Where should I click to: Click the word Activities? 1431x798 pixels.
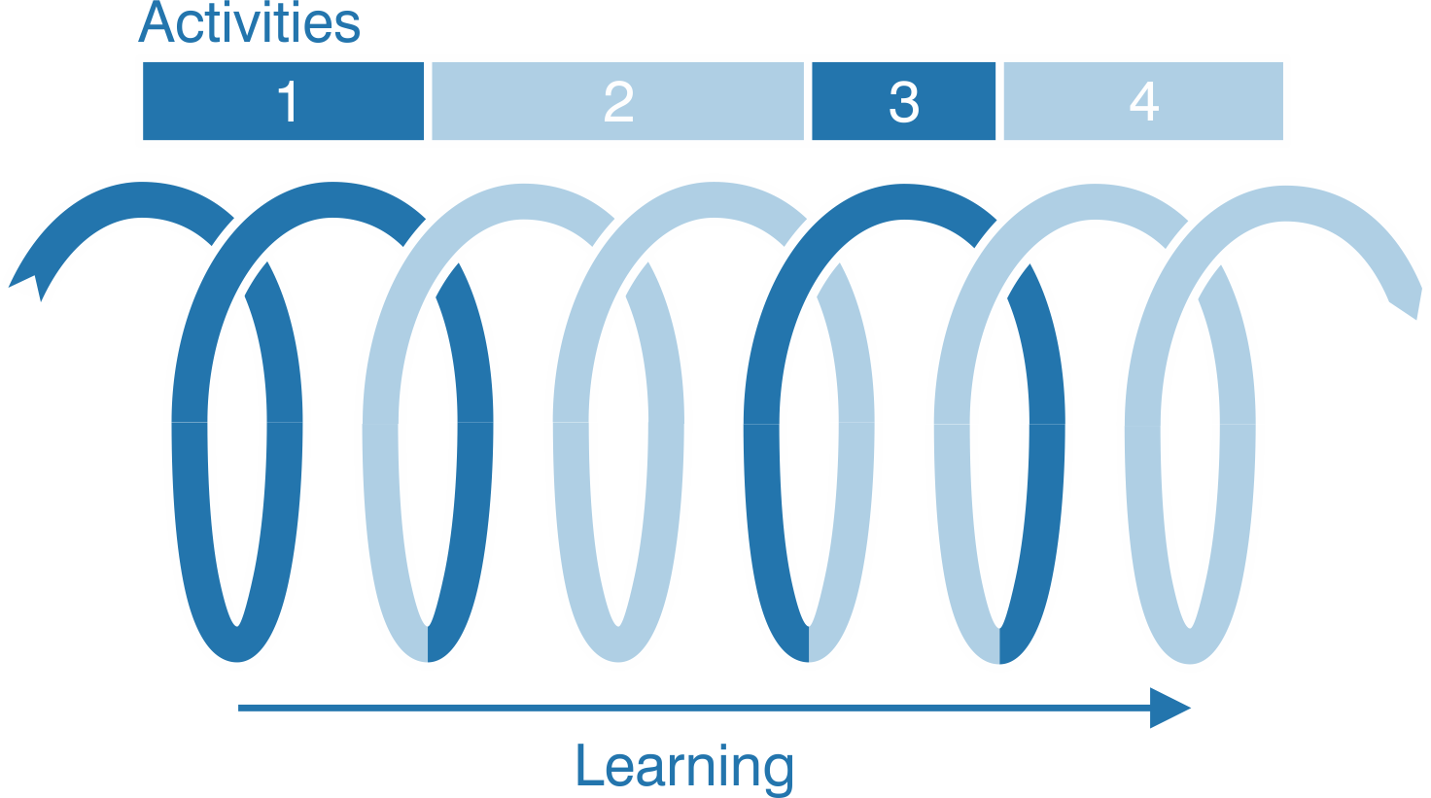[x=250, y=23]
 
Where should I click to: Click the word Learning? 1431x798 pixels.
[x=684, y=768]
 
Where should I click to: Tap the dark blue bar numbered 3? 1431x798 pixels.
[x=953, y=101]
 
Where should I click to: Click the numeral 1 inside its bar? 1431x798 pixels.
[x=287, y=101]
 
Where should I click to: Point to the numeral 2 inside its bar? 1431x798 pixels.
[x=618, y=101]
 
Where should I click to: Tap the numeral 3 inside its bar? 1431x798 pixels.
[x=903, y=101]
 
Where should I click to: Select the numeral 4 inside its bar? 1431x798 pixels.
[x=1143, y=101]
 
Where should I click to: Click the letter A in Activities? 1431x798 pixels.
[x=157, y=23]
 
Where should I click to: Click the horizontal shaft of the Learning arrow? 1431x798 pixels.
[x=681, y=708]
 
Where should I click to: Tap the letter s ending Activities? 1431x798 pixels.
[x=346, y=28]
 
